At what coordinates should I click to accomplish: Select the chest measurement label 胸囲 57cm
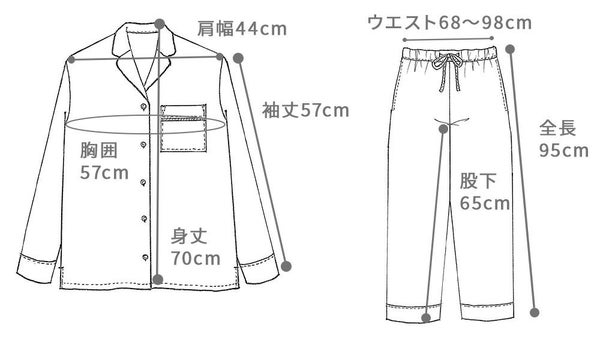[104, 162]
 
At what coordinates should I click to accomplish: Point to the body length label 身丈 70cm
[196, 248]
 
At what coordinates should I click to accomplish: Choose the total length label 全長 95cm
[563, 140]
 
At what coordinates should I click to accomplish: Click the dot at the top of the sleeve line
[238, 57]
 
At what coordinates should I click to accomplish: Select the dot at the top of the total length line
[512, 46]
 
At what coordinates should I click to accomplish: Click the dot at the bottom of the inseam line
[428, 319]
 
